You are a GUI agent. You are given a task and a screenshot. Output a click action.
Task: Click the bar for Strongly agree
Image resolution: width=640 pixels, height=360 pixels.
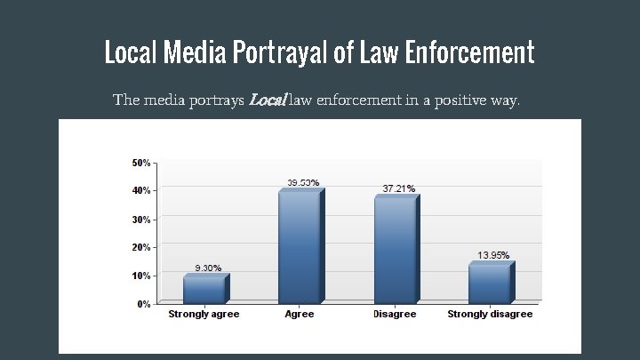coord(205,290)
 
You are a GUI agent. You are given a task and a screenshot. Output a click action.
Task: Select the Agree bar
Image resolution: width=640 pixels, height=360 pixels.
coord(300,248)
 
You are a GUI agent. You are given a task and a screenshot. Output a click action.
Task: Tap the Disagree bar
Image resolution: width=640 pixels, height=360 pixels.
coord(396,251)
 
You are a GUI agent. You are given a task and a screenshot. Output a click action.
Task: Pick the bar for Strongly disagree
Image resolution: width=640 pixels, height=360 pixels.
coord(491,284)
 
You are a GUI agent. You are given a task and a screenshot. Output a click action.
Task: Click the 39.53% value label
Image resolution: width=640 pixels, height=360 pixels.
coord(303,183)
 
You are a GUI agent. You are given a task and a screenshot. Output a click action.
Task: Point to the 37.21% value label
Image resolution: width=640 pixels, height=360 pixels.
coord(398,188)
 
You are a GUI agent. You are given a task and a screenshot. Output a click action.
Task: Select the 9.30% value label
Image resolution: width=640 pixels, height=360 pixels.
coord(208,268)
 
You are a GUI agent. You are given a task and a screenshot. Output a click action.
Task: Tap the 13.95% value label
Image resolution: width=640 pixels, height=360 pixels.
coord(493,255)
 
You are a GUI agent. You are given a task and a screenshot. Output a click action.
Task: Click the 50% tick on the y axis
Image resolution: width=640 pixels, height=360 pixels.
coord(140,163)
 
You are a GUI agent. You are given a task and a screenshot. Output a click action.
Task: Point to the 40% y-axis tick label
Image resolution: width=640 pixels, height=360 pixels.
coord(140,190)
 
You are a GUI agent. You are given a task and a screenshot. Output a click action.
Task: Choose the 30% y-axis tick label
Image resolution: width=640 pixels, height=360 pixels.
coord(140,219)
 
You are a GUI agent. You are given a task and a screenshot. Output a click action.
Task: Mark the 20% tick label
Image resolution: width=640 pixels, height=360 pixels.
coord(140,247)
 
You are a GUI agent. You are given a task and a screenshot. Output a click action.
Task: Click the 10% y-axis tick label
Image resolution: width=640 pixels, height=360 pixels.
coord(140,276)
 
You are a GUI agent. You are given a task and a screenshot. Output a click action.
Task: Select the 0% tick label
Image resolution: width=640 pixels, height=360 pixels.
coord(142,304)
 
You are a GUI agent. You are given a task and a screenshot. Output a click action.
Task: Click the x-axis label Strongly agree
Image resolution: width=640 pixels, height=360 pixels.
coord(204,314)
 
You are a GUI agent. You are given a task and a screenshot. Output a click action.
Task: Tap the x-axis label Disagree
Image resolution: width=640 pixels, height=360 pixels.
coord(395,314)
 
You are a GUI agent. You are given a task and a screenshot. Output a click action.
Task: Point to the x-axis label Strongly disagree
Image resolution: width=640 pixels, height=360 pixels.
coord(490,314)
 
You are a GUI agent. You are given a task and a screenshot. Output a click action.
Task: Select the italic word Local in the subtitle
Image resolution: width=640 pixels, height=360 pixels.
coord(267,100)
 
